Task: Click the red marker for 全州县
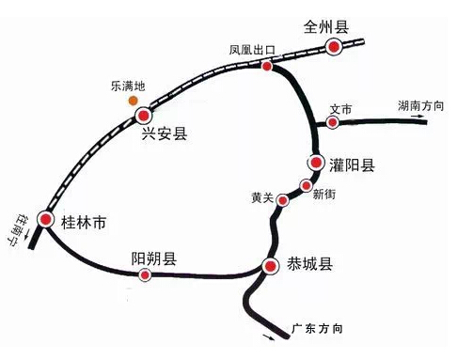coord(334,48)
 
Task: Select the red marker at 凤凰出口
coord(267,67)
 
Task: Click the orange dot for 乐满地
coord(134,99)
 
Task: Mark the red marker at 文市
coord(333,121)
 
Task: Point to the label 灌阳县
coord(352,166)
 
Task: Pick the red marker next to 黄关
coord(285,197)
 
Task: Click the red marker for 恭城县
coord(271,265)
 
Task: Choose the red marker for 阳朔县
coord(145,274)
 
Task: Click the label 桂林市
coord(83,224)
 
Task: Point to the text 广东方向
coord(317,329)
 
